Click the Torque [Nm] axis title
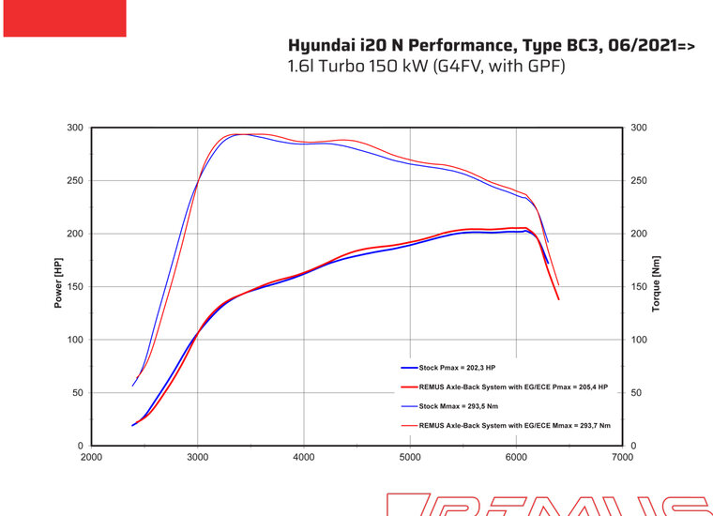pos(656,284)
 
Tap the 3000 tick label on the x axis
pos(197,457)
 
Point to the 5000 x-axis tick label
pos(409,457)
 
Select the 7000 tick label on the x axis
pos(621,457)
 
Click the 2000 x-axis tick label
pos(91,457)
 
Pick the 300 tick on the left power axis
pos(75,128)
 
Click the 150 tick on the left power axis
pos(75,287)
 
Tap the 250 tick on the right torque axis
pos(639,181)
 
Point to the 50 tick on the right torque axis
pos(636,393)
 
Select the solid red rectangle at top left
pos(65,19)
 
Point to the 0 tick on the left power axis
pos(81,446)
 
